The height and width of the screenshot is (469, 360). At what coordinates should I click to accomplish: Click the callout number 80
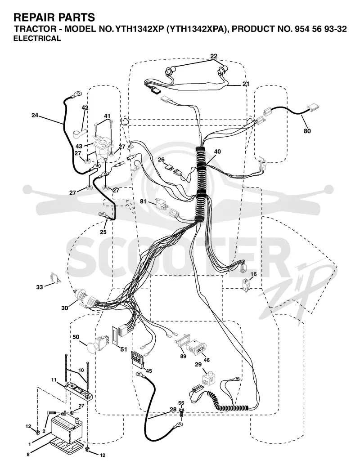click(x=307, y=131)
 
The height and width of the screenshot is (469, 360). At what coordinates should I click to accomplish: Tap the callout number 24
click(x=35, y=115)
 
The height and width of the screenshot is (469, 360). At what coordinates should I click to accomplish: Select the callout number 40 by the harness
click(x=217, y=152)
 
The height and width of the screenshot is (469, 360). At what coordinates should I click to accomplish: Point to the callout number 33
click(x=40, y=287)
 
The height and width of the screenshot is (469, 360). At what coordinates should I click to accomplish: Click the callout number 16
click(x=253, y=274)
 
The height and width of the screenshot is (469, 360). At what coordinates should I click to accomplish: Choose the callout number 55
click(x=181, y=403)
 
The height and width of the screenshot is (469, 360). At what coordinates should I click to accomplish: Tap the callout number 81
click(x=143, y=201)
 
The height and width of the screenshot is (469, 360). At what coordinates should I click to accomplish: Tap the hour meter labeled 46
click(x=194, y=348)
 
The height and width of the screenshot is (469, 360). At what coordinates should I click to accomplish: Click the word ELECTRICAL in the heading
click(x=37, y=38)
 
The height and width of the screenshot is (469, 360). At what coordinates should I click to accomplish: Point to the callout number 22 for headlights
click(x=214, y=56)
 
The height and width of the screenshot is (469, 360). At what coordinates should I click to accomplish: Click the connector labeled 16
click(x=246, y=286)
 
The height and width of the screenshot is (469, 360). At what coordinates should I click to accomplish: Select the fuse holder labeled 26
click(x=174, y=170)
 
